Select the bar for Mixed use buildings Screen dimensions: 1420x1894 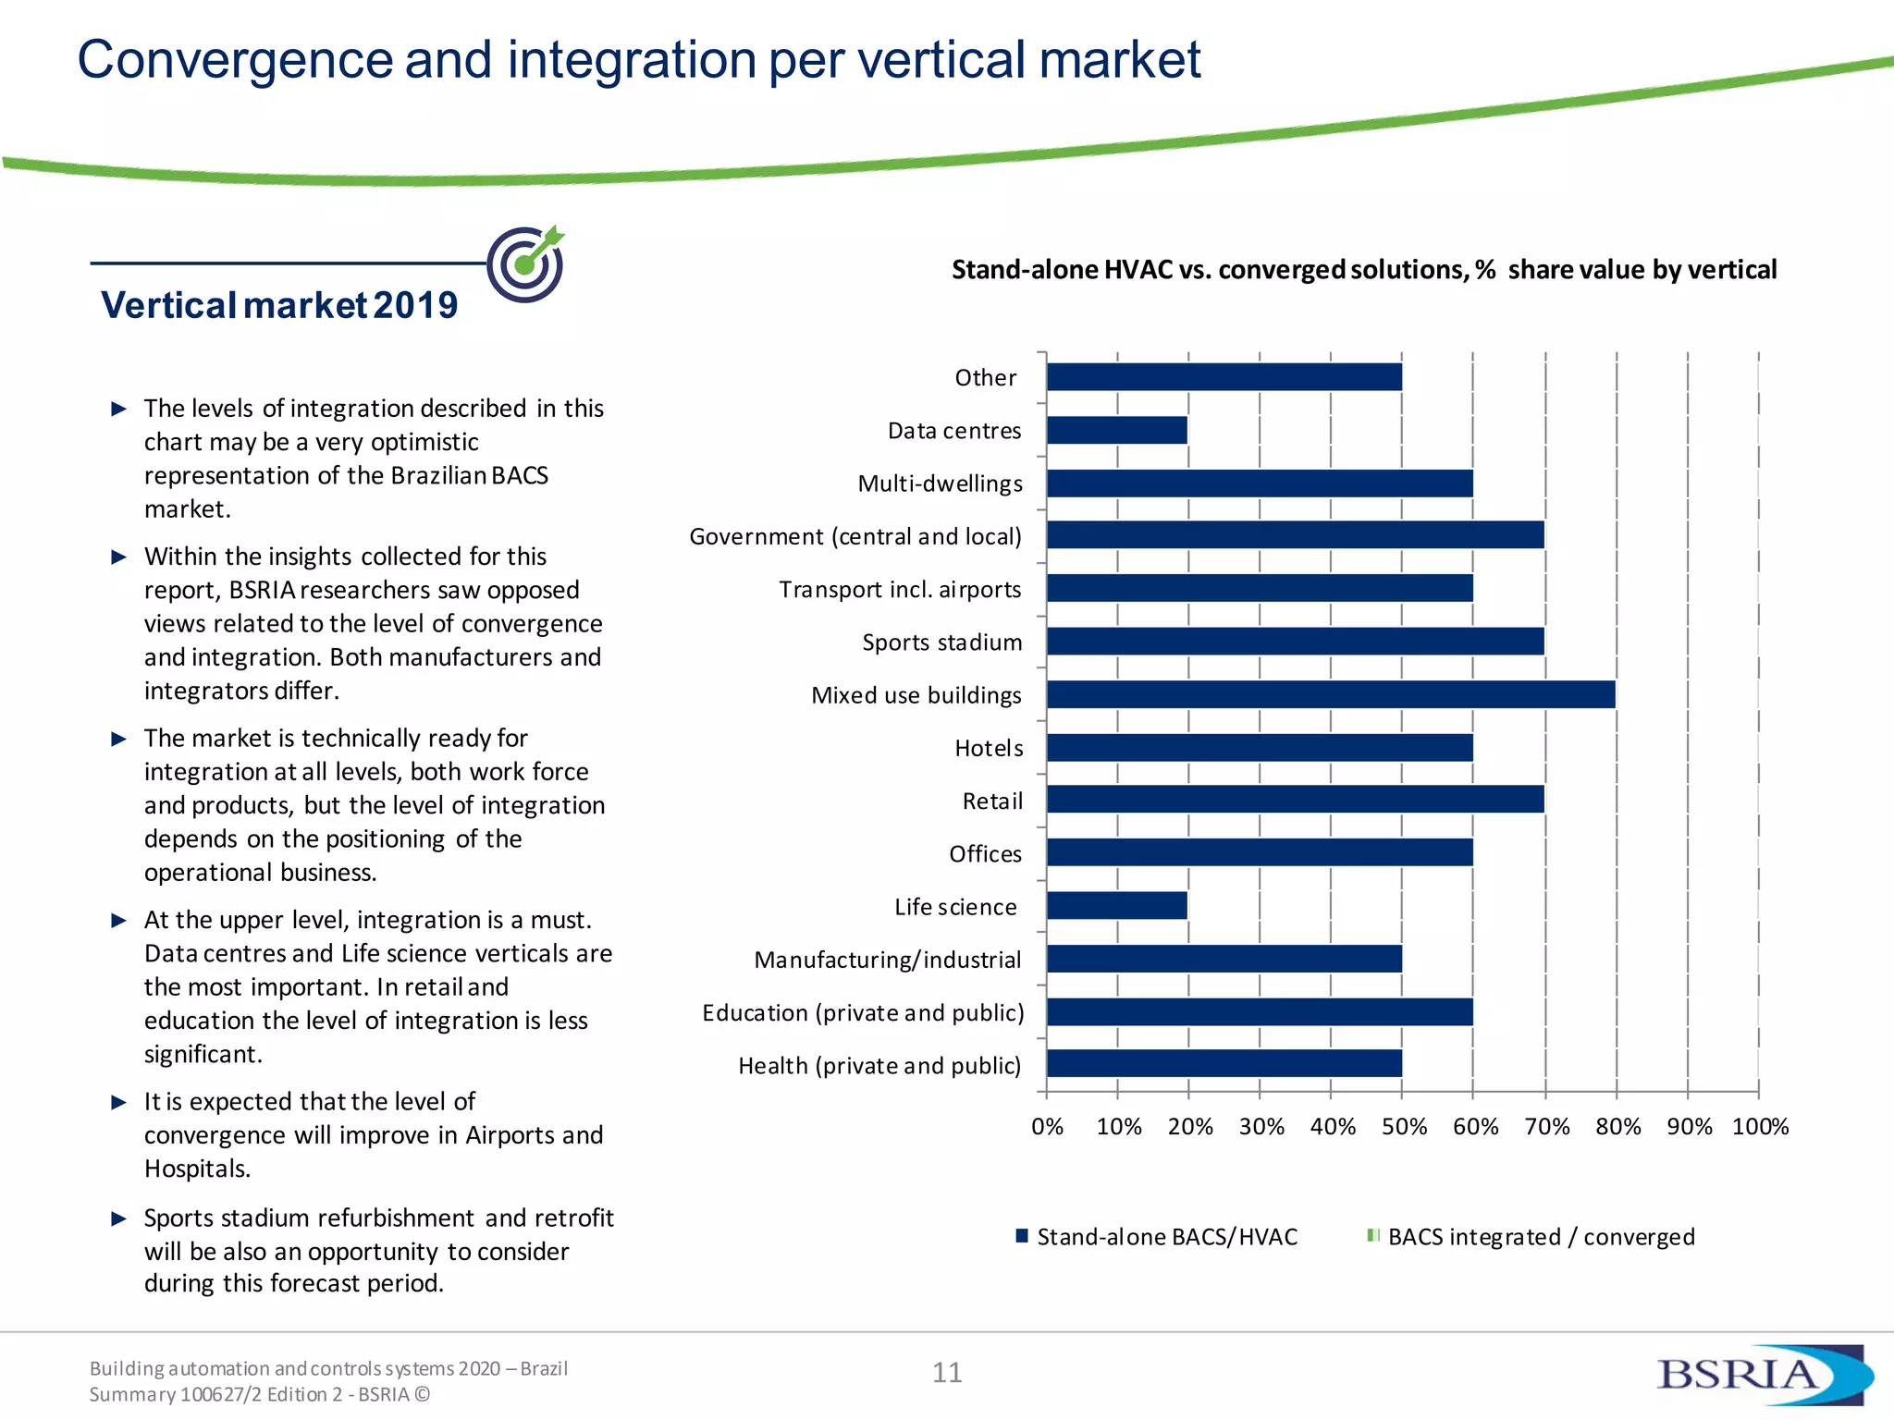click(x=1330, y=694)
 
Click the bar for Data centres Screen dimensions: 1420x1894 click(x=1117, y=430)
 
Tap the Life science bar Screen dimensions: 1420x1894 click(x=1117, y=906)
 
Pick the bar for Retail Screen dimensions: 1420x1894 click(x=1295, y=800)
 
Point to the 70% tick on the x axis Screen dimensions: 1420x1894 click(x=1546, y=1127)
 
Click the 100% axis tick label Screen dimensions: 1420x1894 click(x=1760, y=1127)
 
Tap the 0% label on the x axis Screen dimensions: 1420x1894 click(x=1047, y=1127)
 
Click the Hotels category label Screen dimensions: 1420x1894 click(x=989, y=748)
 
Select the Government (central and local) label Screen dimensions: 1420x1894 click(x=855, y=536)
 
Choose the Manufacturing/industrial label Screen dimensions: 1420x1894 click(x=888, y=960)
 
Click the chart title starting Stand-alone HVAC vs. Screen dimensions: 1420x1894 click(x=1364, y=270)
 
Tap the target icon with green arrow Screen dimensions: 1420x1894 click(x=526, y=263)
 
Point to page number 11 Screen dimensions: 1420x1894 click(x=947, y=1373)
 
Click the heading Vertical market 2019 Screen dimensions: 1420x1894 click(x=279, y=305)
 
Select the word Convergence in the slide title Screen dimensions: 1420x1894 click(x=235, y=60)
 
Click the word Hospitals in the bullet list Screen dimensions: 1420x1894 click(x=197, y=1169)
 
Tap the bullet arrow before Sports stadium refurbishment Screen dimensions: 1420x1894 click(x=118, y=1218)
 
